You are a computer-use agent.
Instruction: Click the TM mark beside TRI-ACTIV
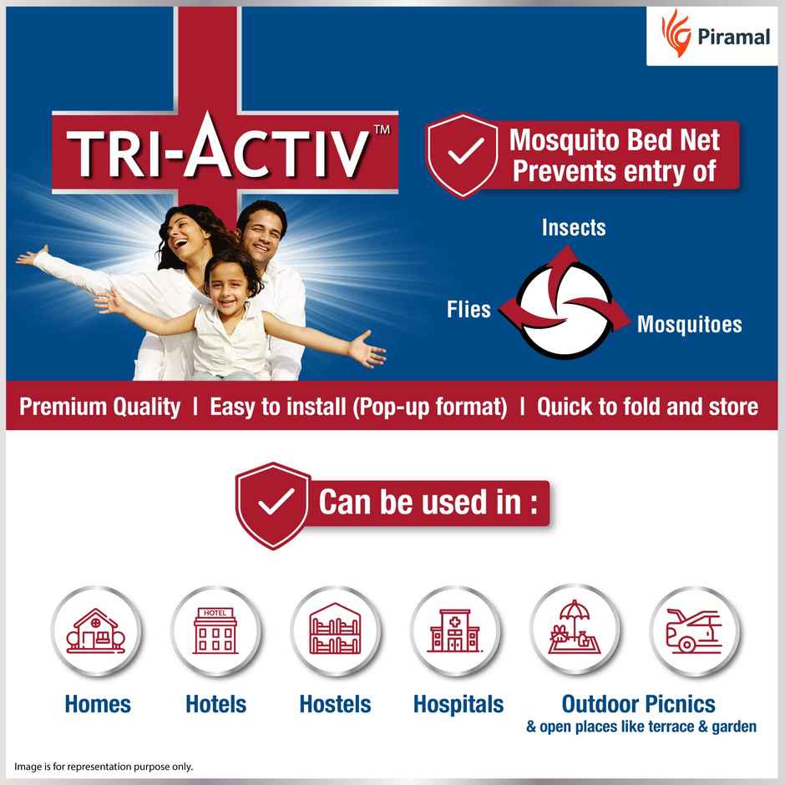(x=381, y=129)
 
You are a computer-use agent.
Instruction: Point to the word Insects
(x=574, y=228)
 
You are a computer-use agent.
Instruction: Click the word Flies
(x=468, y=310)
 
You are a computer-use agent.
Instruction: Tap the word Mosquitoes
(x=689, y=324)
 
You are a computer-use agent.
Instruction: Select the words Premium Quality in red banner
(x=99, y=407)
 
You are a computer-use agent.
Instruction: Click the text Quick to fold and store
(x=647, y=407)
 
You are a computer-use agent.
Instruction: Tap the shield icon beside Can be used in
(x=274, y=504)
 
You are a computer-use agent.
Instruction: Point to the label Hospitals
(x=458, y=704)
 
